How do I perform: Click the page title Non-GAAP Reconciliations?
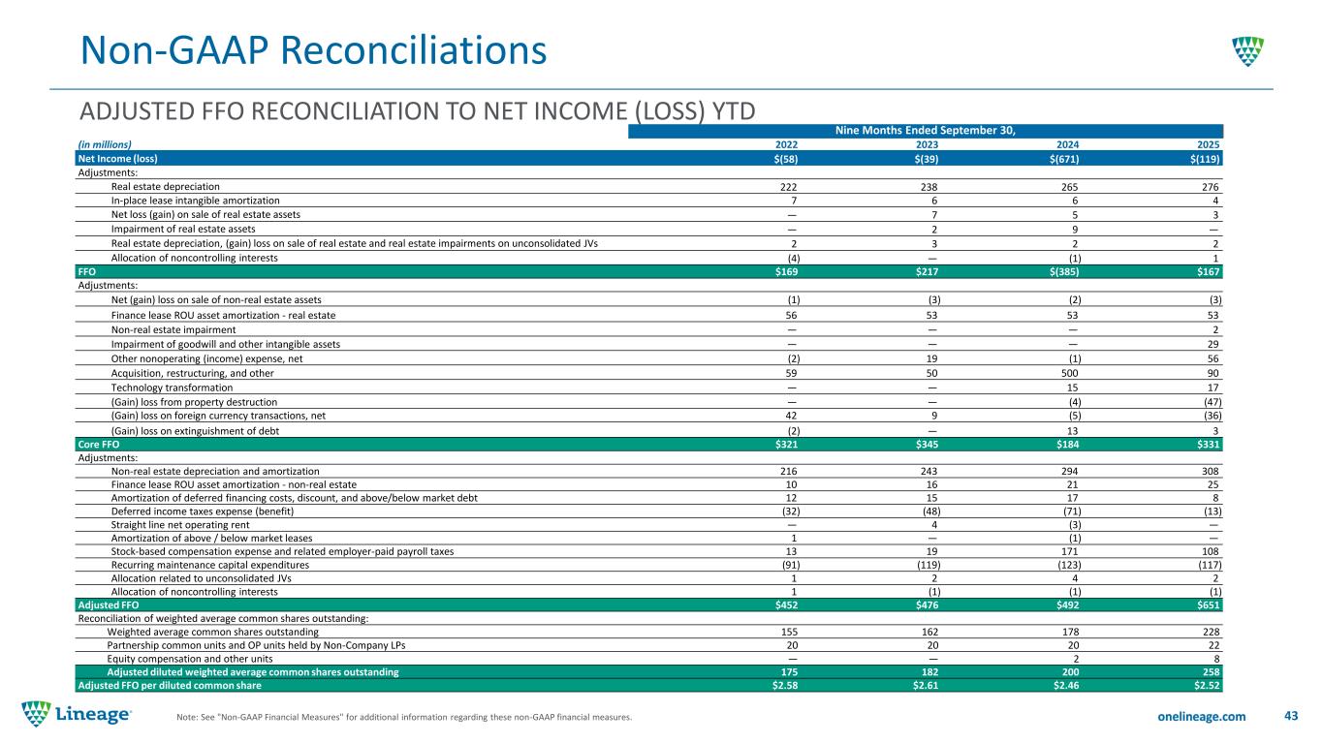[x=312, y=50]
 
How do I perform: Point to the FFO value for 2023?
[x=928, y=272]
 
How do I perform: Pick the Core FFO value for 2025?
[x=1206, y=444]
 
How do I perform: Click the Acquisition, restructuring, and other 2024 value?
[x=1070, y=373]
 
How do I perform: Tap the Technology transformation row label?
[x=172, y=387]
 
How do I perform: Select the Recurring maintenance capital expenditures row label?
[x=210, y=564]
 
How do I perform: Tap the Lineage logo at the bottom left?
[x=78, y=715]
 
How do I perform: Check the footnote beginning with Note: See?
[x=403, y=718]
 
